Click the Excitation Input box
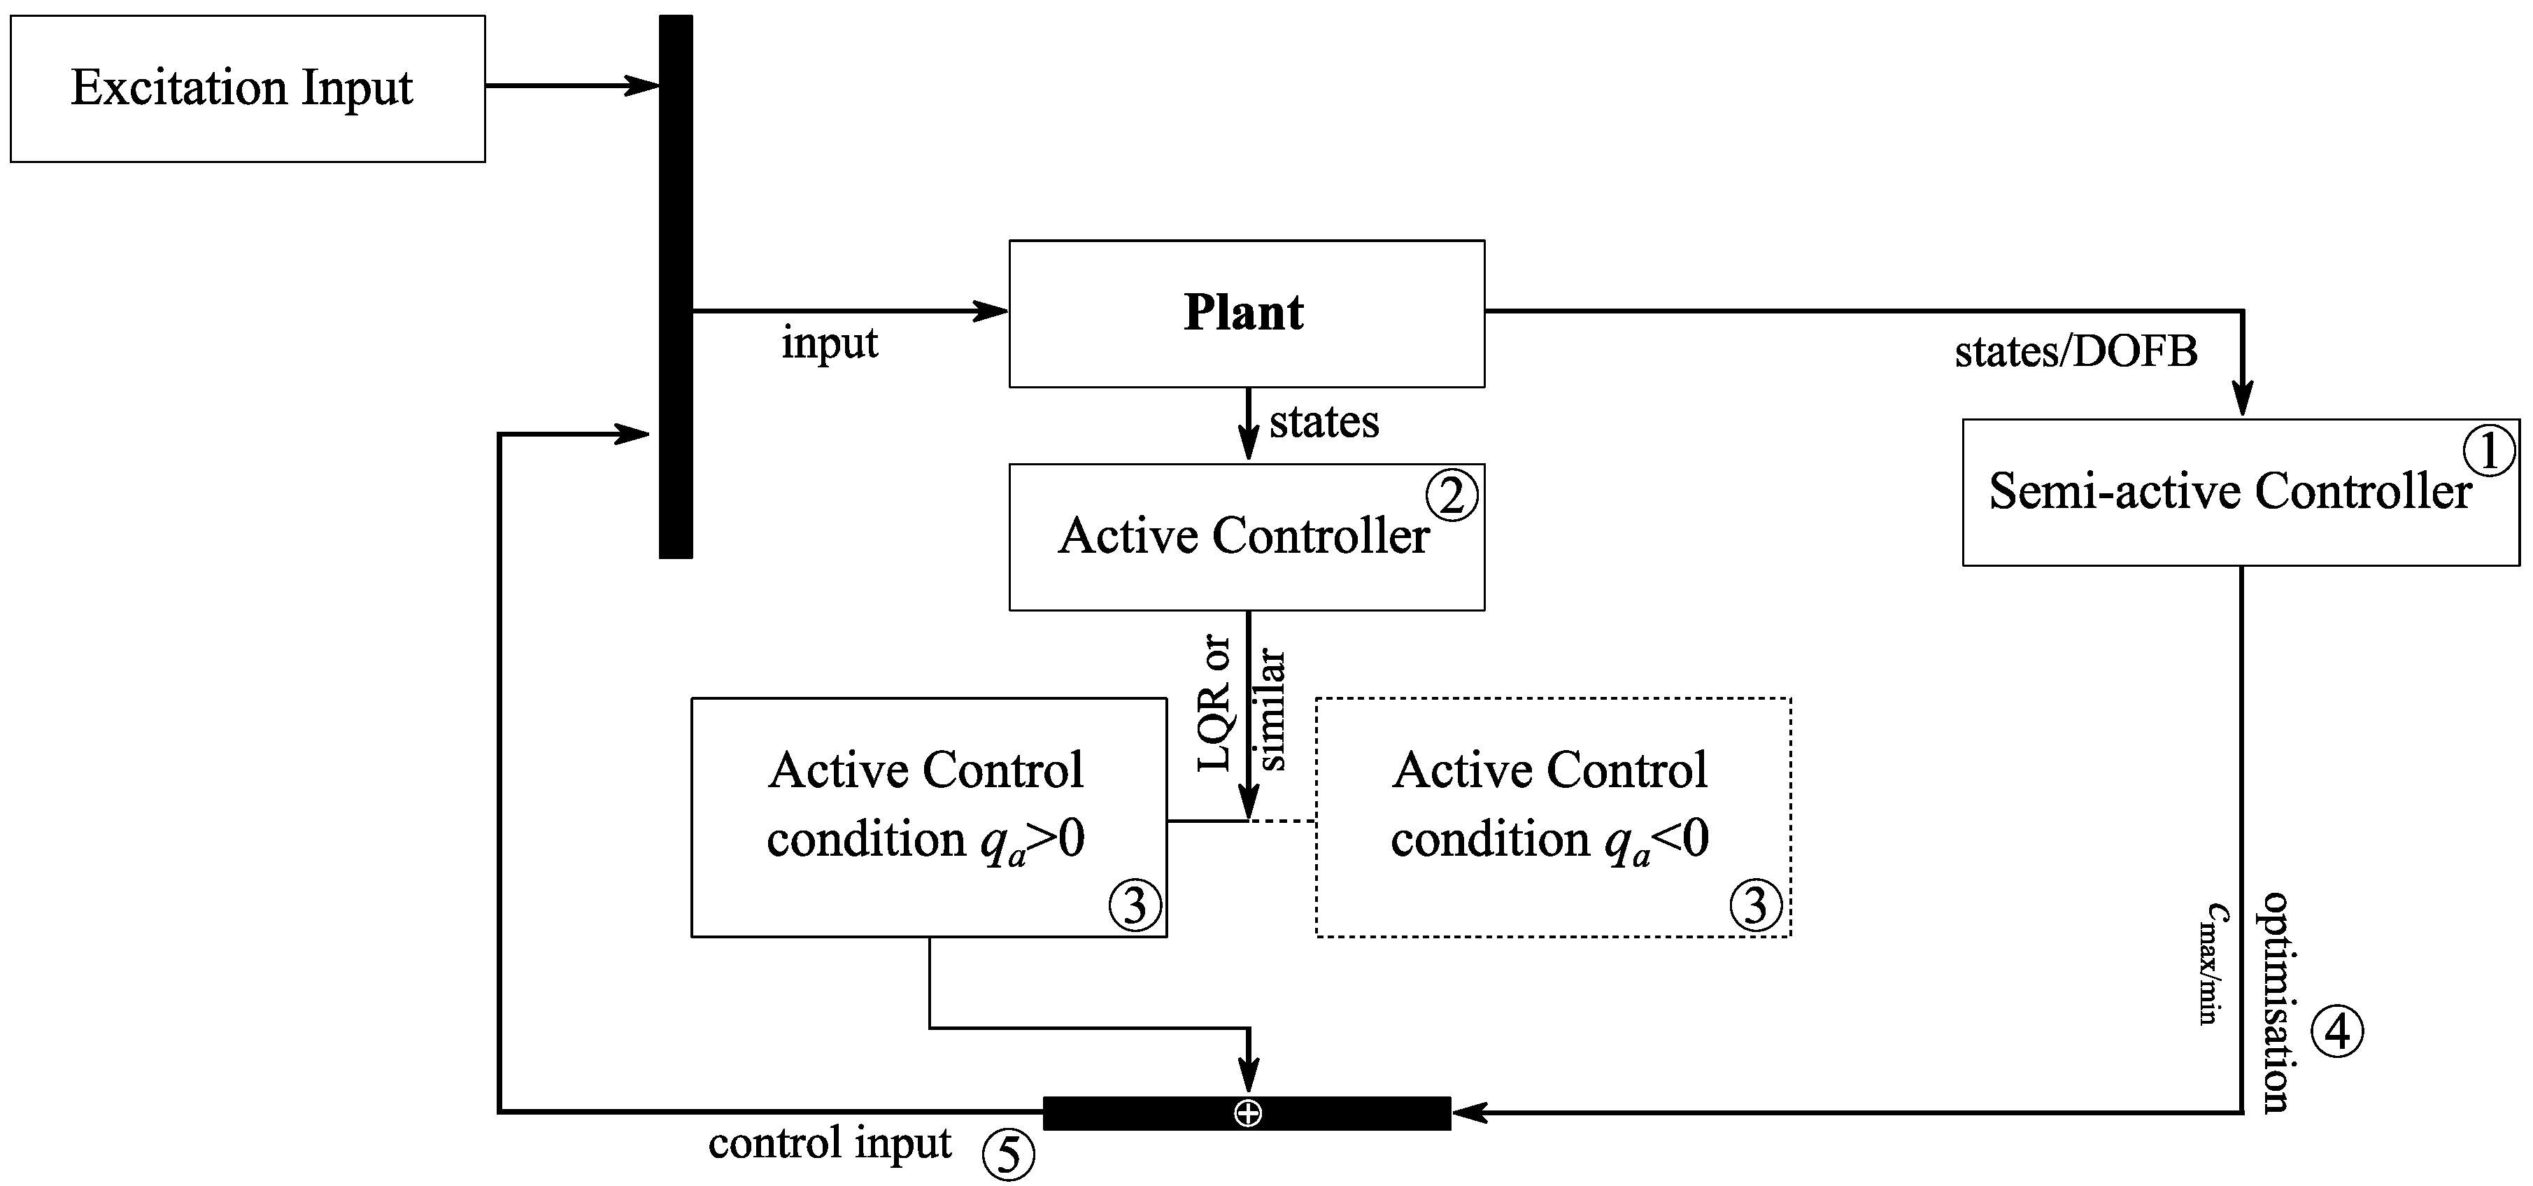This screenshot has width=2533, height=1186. click(x=247, y=88)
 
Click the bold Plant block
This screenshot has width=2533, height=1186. click(x=1246, y=313)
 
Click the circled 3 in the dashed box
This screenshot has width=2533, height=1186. click(x=1755, y=905)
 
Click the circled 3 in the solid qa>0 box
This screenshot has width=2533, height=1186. click(x=1135, y=905)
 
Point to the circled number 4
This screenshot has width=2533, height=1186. click(x=2336, y=1031)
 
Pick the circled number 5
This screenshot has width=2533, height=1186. click(x=1009, y=1155)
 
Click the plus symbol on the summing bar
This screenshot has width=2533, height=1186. click(x=1248, y=1113)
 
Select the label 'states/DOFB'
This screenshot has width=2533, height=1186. click(x=2075, y=352)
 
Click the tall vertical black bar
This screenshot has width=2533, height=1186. click(x=676, y=286)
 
